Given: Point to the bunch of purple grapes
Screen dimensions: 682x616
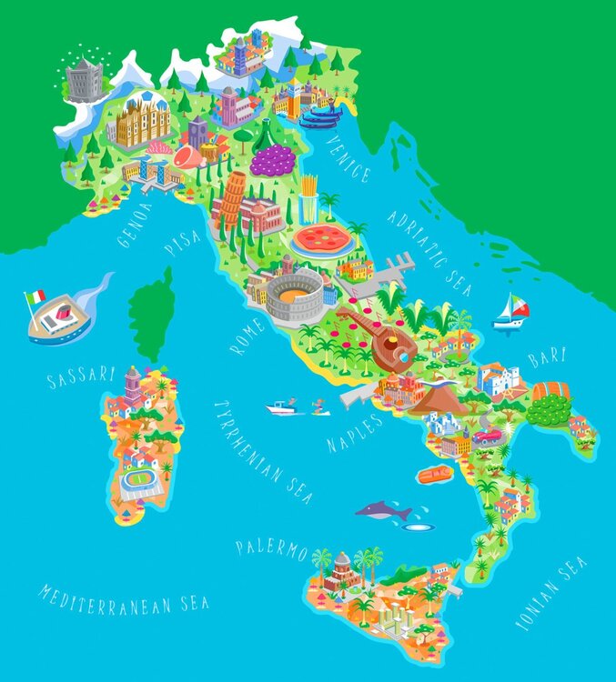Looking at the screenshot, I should pyautogui.click(x=272, y=160).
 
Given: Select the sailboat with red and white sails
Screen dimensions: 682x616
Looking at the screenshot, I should pyautogui.click(x=511, y=312).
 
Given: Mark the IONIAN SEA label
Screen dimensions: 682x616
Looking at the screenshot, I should pyautogui.click(x=551, y=594).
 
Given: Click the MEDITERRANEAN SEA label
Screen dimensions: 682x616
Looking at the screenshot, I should pyautogui.click(x=124, y=597).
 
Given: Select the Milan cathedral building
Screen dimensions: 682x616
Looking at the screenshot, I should pyautogui.click(x=142, y=122).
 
